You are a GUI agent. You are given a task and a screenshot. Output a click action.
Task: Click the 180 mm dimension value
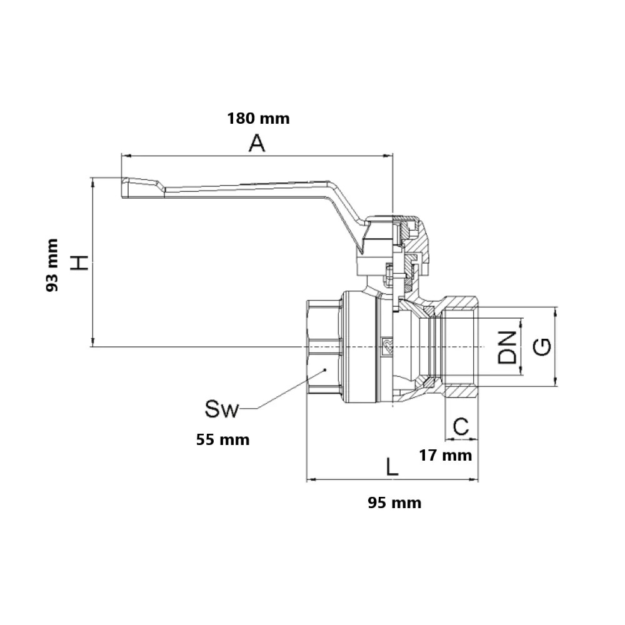[258, 118]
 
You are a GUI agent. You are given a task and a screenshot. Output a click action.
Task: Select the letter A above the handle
[257, 144]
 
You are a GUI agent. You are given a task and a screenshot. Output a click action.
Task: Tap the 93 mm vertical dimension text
[52, 265]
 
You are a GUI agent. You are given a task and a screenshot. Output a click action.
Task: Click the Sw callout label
[221, 409]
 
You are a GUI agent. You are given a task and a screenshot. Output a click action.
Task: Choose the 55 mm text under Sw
[223, 439]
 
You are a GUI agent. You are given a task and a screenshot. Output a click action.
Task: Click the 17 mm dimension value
[445, 455]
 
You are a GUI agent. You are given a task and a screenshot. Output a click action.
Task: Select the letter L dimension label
[392, 466]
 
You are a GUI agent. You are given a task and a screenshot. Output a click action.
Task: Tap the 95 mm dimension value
[394, 502]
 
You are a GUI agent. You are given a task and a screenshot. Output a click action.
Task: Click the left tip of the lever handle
[122, 187]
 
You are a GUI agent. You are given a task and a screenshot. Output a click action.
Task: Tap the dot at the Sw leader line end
[325, 370]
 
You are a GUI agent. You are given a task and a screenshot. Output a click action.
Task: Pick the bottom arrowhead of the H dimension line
[93, 342]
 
